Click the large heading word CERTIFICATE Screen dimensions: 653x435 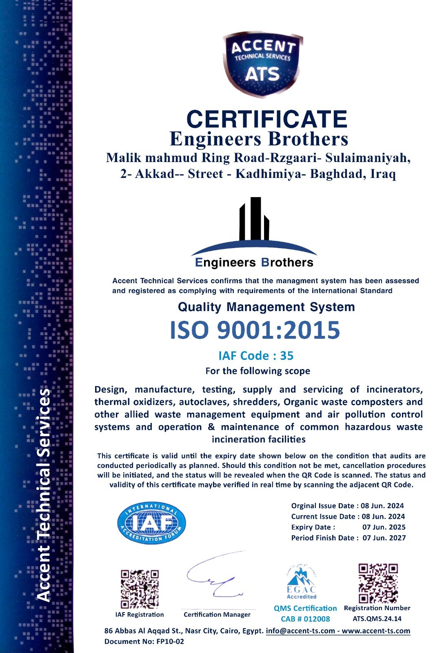point(266,119)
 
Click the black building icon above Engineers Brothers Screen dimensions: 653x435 point(254,219)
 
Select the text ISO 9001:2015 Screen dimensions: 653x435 point(255,330)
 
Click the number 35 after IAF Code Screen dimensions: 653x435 point(286,356)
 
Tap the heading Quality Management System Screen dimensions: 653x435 point(266,307)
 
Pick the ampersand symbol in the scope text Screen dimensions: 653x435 point(211,427)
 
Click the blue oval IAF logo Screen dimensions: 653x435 point(151,523)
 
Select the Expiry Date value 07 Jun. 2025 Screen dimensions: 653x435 point(384,527)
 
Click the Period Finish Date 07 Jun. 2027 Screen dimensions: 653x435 point(384,538)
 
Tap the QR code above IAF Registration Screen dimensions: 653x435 point(140,589)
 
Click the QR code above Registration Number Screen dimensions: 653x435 point(378,583)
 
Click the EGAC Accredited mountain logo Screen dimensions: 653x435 point(301,582)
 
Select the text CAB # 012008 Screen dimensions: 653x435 point(305,619)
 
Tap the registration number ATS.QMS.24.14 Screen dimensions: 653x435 point(377,619)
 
